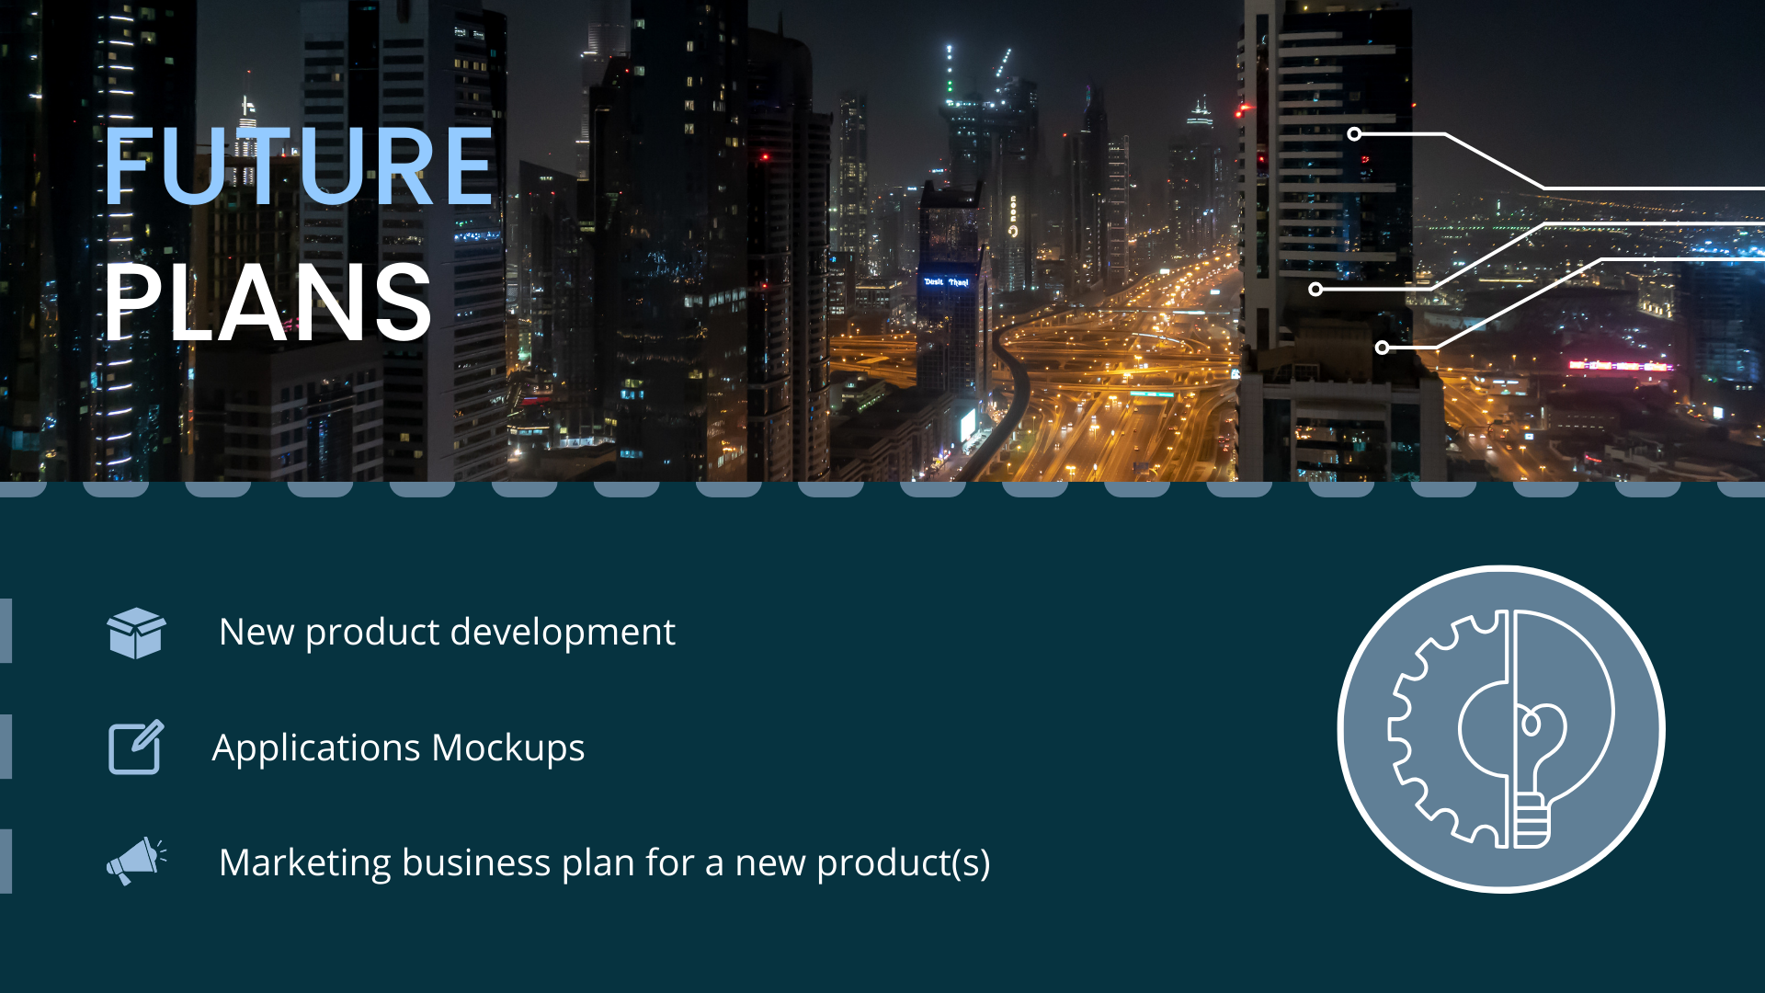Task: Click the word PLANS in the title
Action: tap(268, 302)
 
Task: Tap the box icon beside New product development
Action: tap(136, 633)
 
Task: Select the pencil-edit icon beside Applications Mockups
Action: tap(136, 747)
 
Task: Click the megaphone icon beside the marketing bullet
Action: tap(136, 861)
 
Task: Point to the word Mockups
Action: tap(507, 748)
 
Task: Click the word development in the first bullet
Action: tap(562, 632)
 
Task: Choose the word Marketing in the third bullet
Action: tap(305, 862)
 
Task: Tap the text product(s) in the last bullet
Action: tap(903, 862)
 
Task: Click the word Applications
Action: tap(316, 748)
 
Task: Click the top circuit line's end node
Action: tap(1354, 134)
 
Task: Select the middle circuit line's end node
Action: tap(1315, 290)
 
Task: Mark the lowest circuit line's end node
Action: tap(1382, 348)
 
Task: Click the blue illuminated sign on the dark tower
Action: tap(946, 281)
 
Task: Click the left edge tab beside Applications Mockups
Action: tap(6, 747)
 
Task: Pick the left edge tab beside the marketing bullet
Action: tap(6, 861)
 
